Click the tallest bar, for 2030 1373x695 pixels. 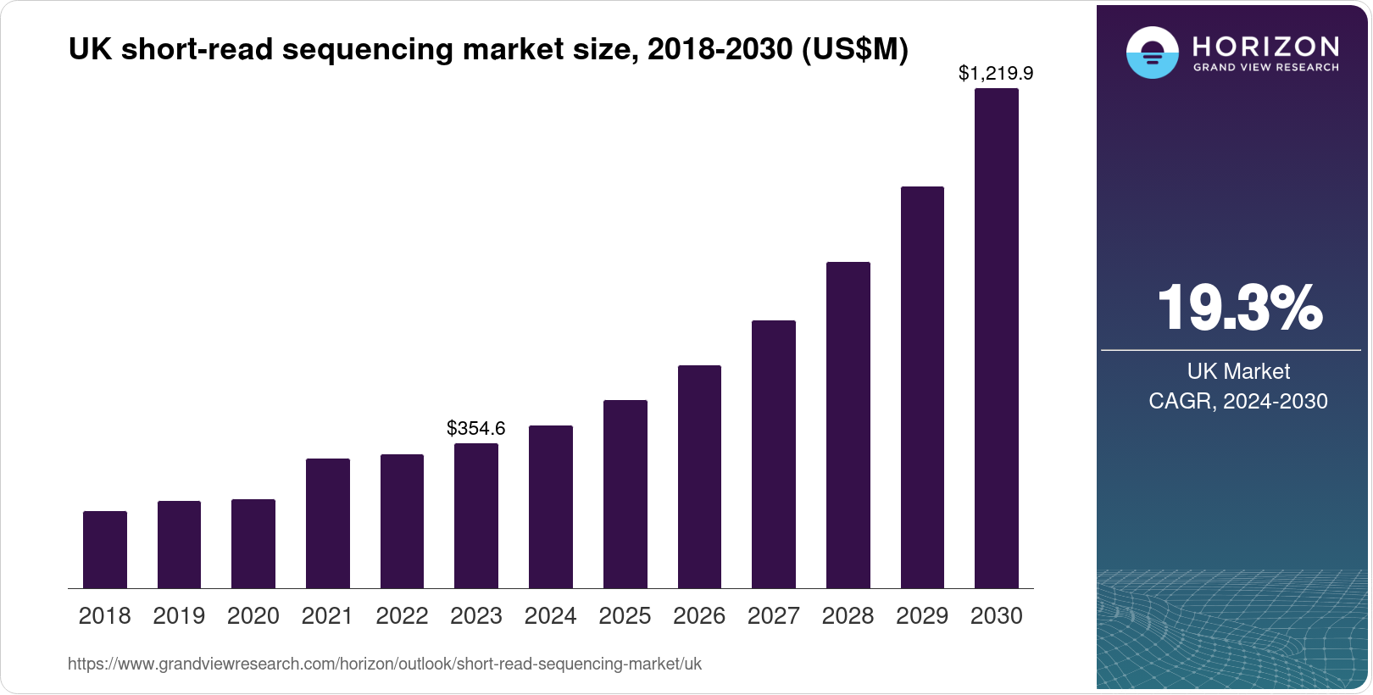pyautogui.click(x=997, y=339)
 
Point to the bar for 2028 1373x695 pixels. pyautogui.click(x=848, y=425)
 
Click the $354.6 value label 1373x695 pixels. pyautogui.click(x=476, y=428)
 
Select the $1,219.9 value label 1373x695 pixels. pyautogui.click(x=996, y=74)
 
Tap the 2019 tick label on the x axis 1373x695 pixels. pyautogui.click(x=179, y=616)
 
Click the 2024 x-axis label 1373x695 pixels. pyautogui.click(x=551, y=616)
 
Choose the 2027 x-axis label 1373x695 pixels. pyautogui.click(x=774, y=616)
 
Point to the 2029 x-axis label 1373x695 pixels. pyautogui.click(x=922, y=616)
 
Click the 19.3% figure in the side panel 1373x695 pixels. pyautogui.click(x=1239, y=308)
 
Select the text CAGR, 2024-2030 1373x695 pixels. pyautogui.click(x=1238, y=401)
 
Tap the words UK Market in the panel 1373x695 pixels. pyautogui.click(x=1238, y=371)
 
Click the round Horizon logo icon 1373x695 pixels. pyautogui.click(x=1152, y=53)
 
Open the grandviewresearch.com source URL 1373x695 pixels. pyautogui.click(x=385, y=664)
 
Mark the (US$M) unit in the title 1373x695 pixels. pyautogui.click(x=854, y=49)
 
